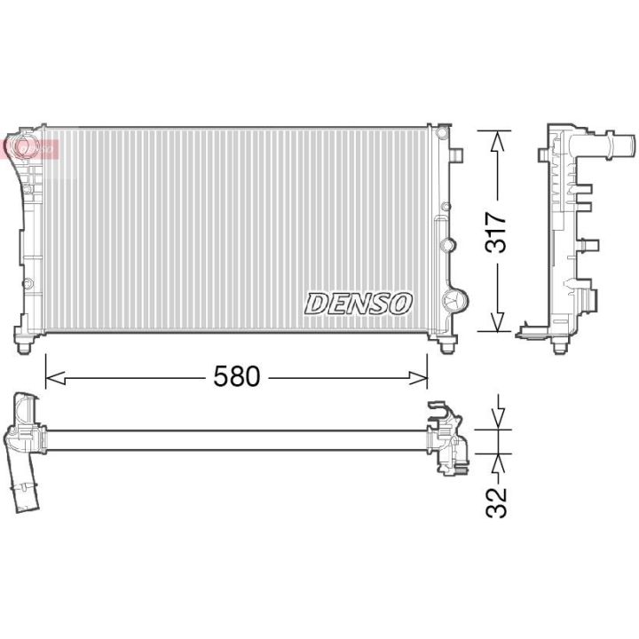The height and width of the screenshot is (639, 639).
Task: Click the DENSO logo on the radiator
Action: coord(359,303)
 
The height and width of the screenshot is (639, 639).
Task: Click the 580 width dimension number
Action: coord(237,377)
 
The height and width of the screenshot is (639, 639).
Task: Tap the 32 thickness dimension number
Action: coord(497,502)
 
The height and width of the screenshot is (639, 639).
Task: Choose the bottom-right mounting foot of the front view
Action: coord(443,338)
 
